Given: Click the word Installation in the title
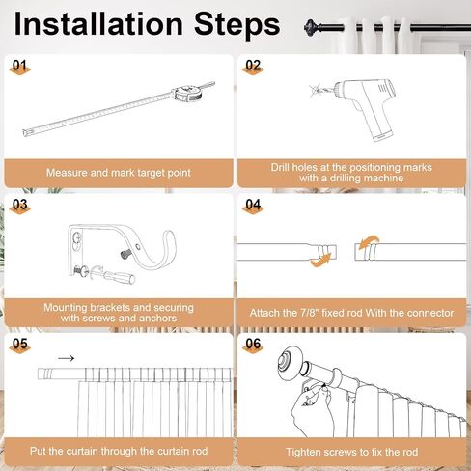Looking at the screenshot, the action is [x=98, y=24].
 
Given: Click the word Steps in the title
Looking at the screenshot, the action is [x=237, y=24].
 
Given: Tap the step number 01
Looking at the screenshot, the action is [x=19, y=66].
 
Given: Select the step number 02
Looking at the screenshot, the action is [x=253, y=66].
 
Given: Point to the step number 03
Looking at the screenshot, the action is [x=19, y=205].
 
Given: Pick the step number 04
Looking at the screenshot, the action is [x=253, y=205].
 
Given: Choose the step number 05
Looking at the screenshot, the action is [x=19, y=344].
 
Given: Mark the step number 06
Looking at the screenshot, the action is [x=253, y=344].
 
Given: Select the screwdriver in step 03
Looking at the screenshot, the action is [x=114, y=276].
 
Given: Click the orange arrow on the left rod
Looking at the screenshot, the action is [x=320, y=261].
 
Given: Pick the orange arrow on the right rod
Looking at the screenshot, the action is [x=369, y=242].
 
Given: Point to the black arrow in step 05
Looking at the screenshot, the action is [x=67, y=358].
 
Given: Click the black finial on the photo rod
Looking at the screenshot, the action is [x=311, y=28].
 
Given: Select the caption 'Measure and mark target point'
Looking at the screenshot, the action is [x=119, y=173].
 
